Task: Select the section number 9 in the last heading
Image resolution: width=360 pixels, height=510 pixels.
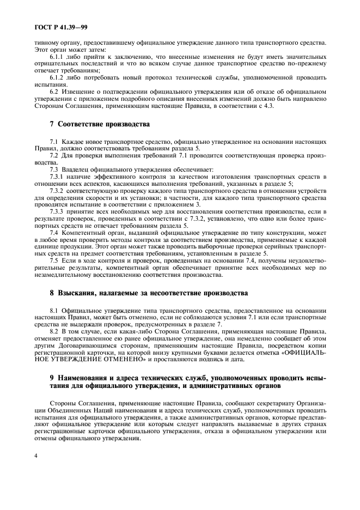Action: pyautogui.click(x=52, y=377)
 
